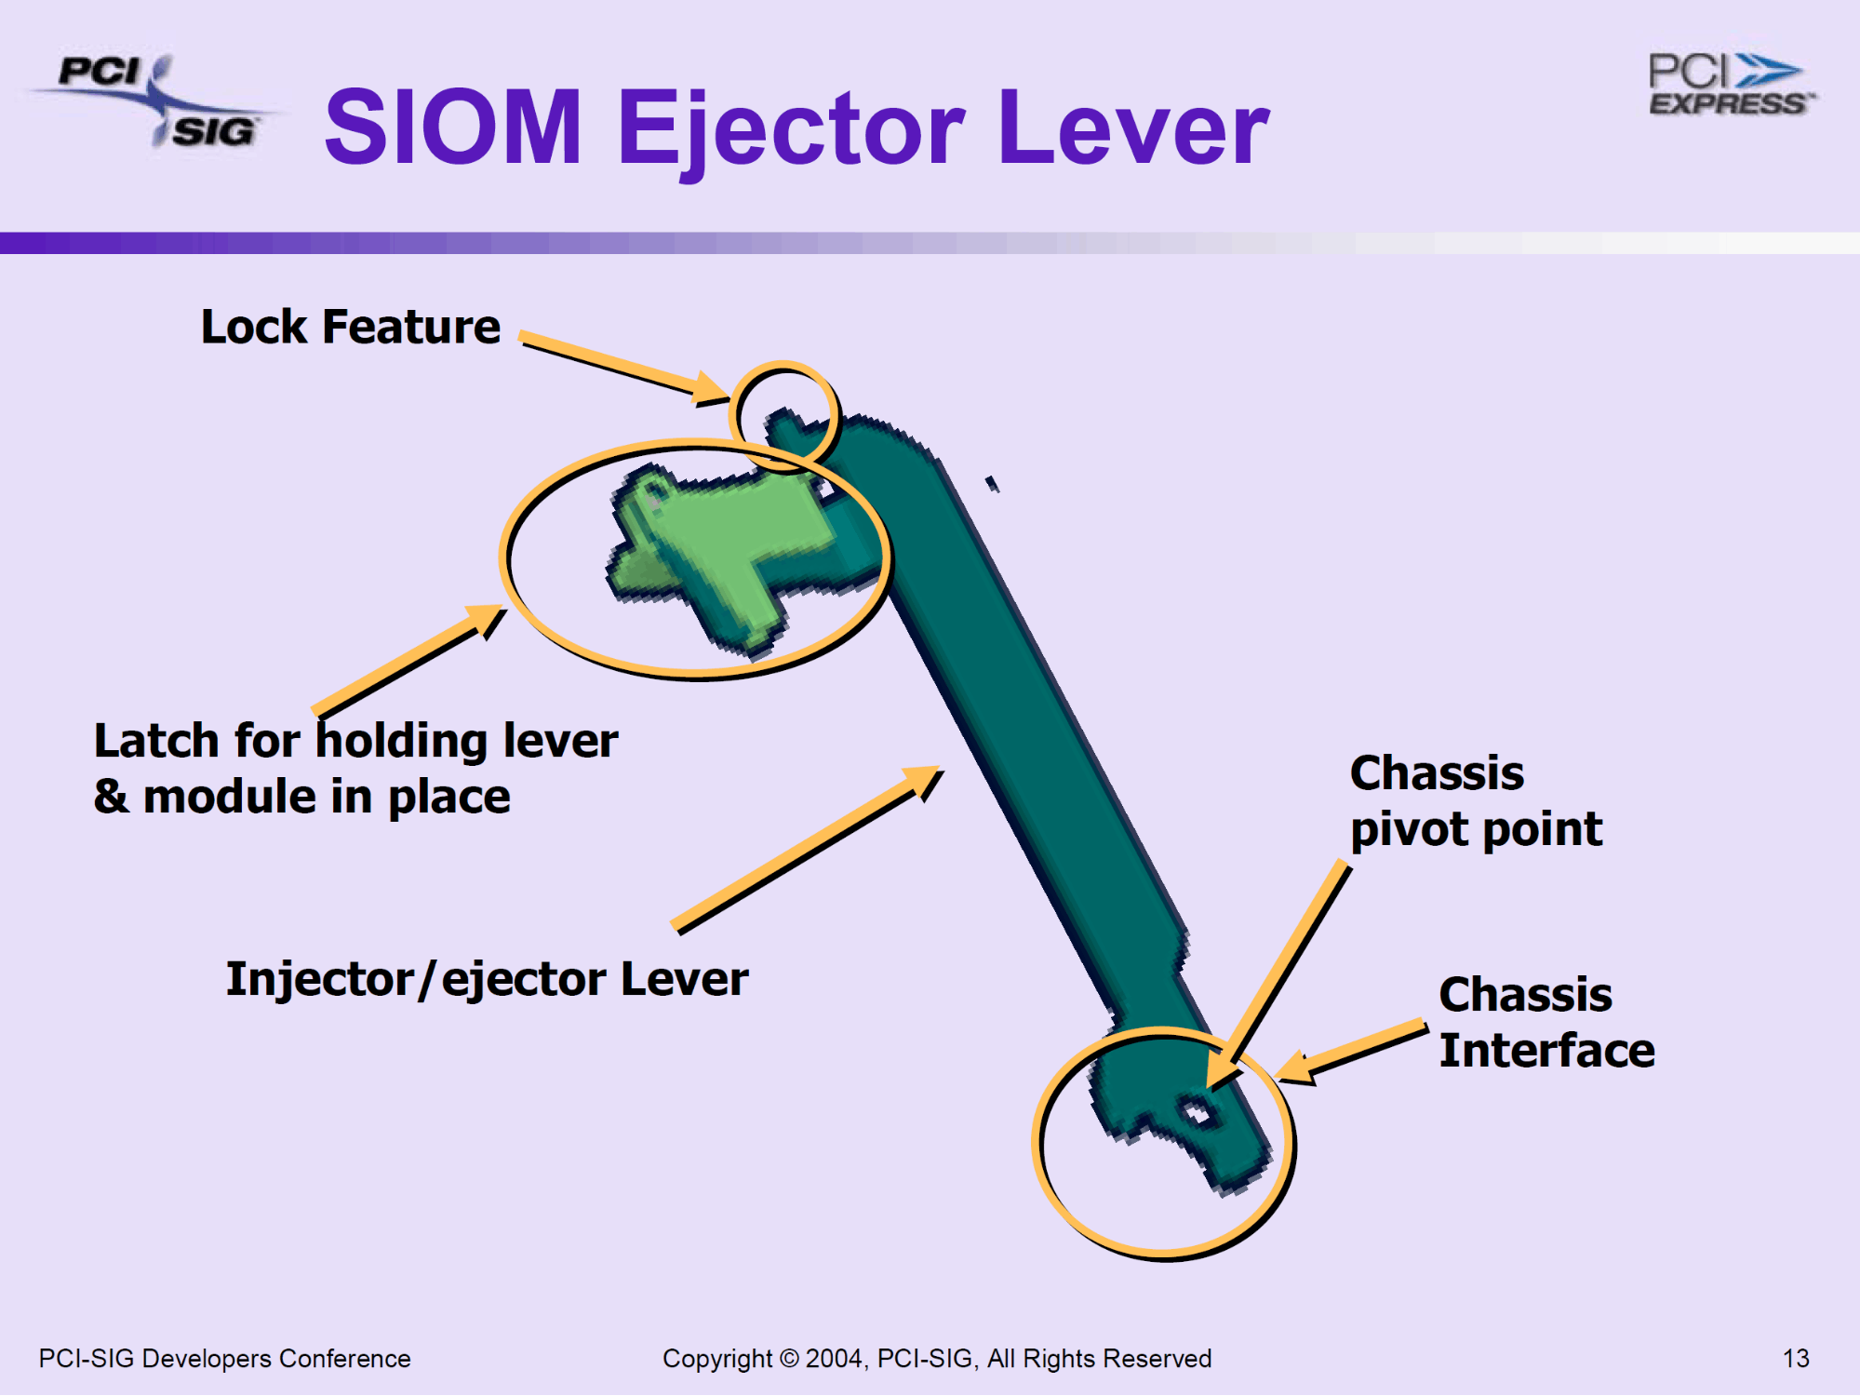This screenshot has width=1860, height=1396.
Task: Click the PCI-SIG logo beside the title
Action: click(x=154, y=101)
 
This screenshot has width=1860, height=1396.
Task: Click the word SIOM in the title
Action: click(x=453, y=128)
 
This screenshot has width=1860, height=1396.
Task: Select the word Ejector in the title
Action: click(x=791, y=130)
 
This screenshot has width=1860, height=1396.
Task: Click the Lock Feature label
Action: click(x=350, y=328)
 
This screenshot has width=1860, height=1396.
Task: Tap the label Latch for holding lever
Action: click(x=355, y=742)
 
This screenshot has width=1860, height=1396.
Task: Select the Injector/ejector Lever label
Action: click(x=487, y=979)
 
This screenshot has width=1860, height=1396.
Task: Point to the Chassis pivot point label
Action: click(x=1475, y=801)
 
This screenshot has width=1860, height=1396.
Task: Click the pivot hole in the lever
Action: click(x=1195, y=1111)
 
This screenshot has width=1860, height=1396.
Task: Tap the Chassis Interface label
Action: click(x=1546, y=1023)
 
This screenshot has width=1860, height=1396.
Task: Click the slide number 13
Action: click(x=1795, y=1359)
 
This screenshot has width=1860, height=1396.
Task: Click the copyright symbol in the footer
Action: click(x=788, y=1359)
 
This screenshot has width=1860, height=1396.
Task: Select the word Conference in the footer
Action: click(x=344, y=1359)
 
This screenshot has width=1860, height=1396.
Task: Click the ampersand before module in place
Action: click(x=112, y=798)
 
